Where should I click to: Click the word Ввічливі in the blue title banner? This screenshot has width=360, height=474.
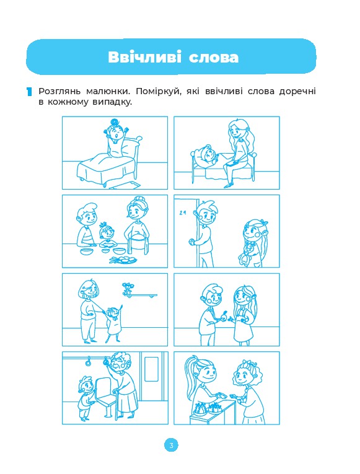(x=144, y=57)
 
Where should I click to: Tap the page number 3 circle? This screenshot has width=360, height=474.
(x=172, y=445)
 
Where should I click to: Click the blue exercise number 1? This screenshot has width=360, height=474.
(x=29, y=92)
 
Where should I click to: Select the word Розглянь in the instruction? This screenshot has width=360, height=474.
(x=59, y=91)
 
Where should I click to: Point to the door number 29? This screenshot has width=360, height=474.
(x=182, y=213)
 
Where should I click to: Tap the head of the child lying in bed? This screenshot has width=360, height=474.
(x=206, y=153)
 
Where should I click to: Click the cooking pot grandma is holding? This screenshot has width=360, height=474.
(x=137, y=242)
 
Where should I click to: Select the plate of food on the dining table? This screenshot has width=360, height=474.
(x=123, y=260)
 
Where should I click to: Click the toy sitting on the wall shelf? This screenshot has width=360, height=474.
(x=127, y=288)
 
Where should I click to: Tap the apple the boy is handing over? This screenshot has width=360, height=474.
(x=224, y=316)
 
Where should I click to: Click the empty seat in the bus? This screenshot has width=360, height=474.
(x=105, y=393)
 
